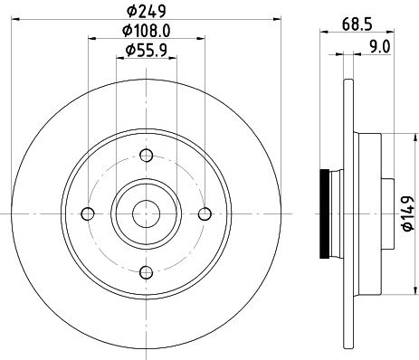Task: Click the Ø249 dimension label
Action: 147,12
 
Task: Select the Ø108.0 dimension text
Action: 147,31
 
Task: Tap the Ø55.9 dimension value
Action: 147,50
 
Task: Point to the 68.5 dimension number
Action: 357,24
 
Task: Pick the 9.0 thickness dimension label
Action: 380,47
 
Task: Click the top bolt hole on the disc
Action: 147,156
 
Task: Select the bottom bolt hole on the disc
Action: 147,272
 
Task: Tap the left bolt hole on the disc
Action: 88,213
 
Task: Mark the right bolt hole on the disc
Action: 205,213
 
